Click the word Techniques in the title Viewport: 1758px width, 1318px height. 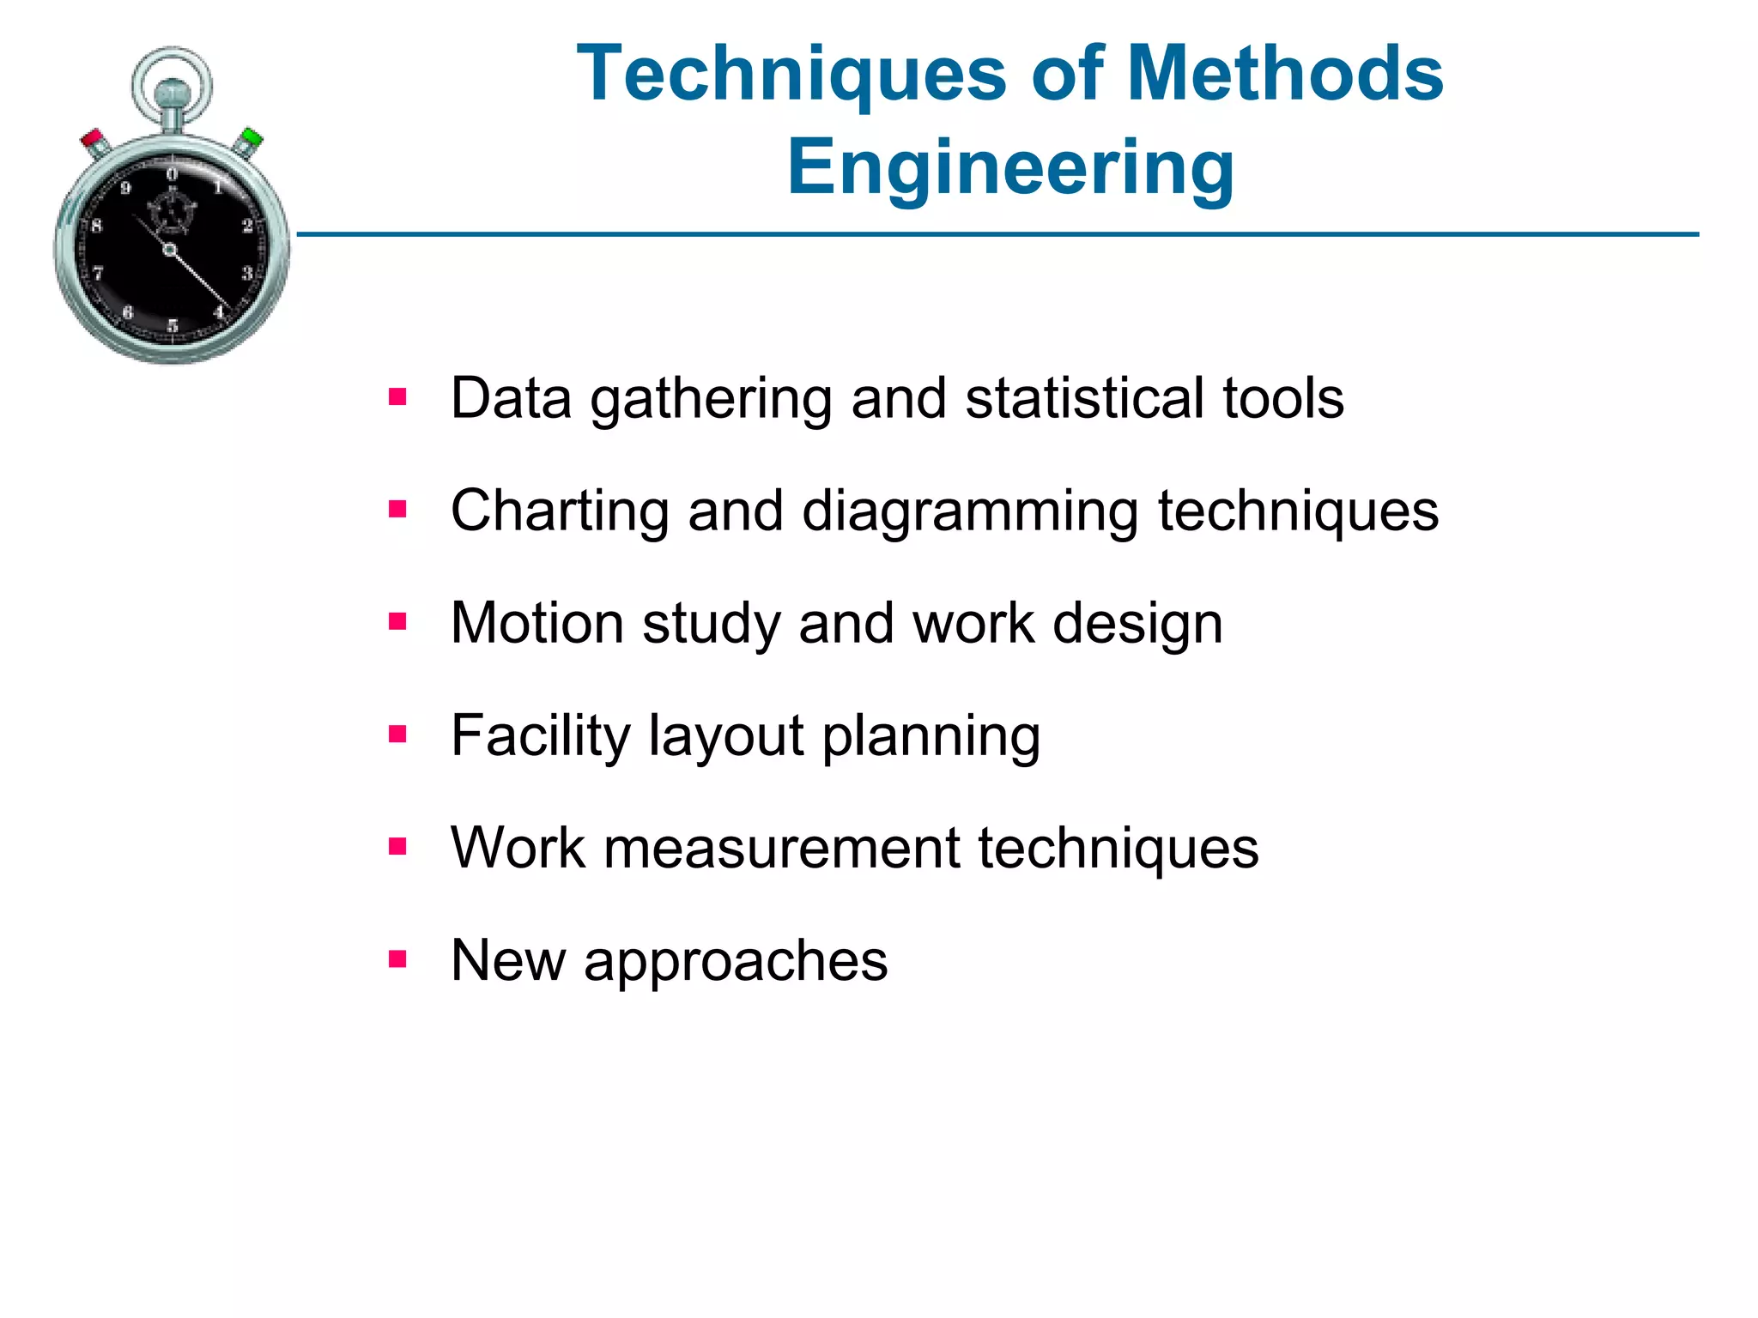click(791, 76)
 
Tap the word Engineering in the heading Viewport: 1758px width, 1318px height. click(1010, 168)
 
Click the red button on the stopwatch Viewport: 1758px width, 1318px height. click(93, 139)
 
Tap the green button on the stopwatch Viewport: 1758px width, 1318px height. click(251, 137)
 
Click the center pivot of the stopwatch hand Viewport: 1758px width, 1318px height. click(170, 251)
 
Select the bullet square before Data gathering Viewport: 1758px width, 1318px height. click(397, 397)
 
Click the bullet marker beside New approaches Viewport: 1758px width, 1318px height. click(397, 958)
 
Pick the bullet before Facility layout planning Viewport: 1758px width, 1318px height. click(397, 735)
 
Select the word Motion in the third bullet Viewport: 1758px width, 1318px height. click(536, 623)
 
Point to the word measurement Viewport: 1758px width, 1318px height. click(781, 849)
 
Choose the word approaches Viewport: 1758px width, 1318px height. click(736, 962)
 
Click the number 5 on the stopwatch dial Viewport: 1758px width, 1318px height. click(173, 325)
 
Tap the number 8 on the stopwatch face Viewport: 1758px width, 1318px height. click(97, 226)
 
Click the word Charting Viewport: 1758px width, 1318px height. click(560, 512)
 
